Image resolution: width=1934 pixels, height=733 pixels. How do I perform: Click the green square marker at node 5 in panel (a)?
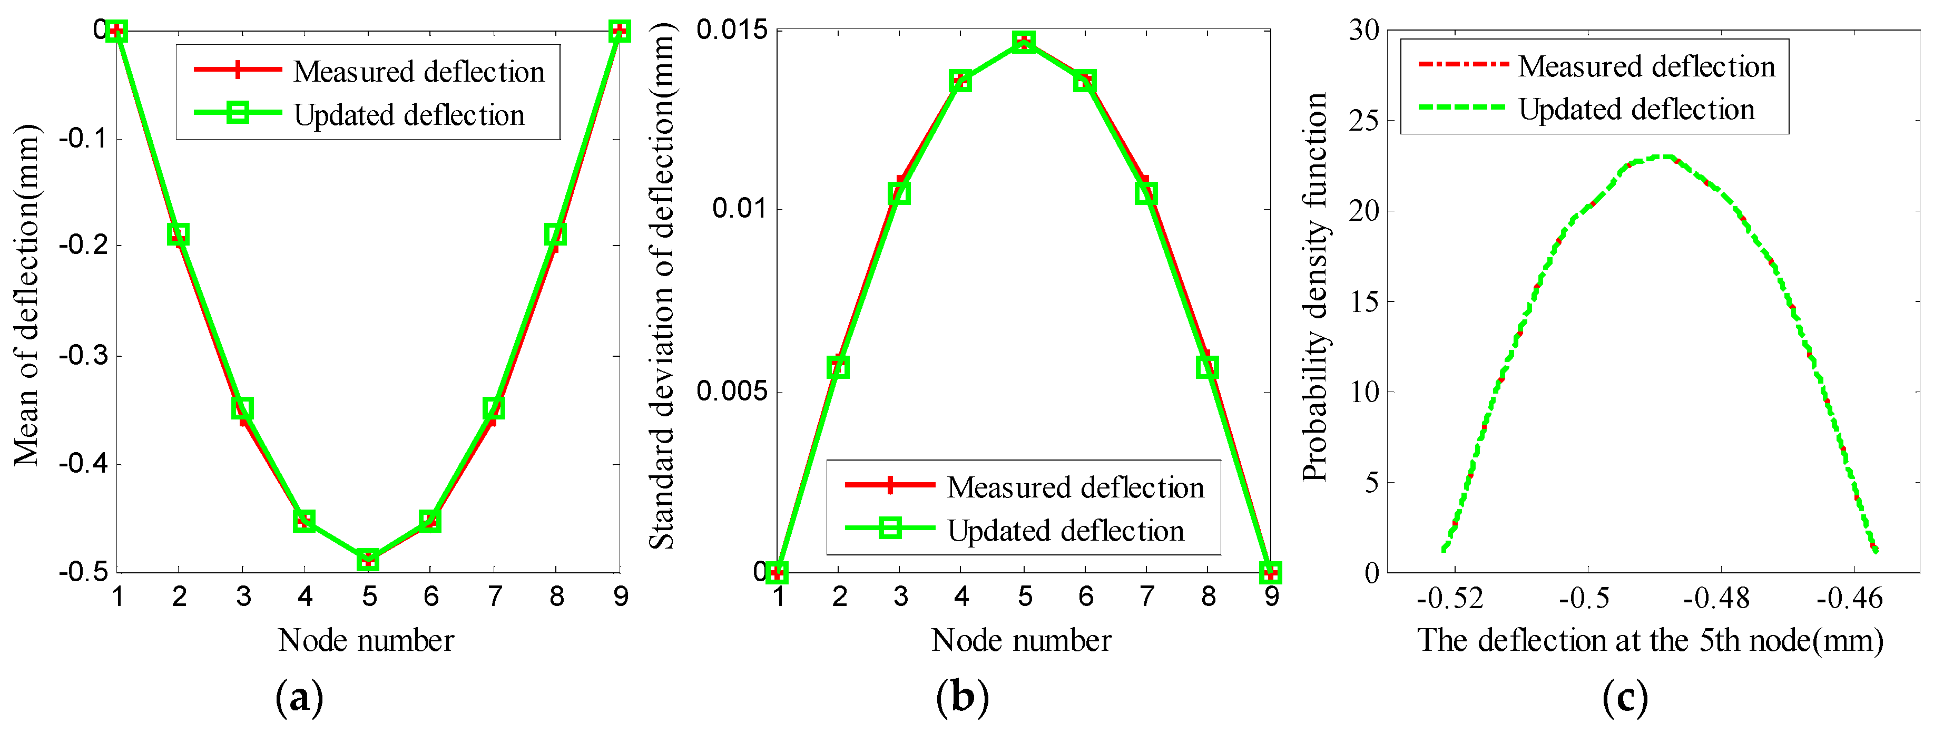point(368,560)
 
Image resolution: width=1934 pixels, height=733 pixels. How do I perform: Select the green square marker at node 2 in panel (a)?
point(178,234)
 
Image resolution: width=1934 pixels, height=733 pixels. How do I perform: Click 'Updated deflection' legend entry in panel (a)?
point(409,115)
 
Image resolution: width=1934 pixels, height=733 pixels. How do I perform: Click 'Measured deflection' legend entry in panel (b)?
point(1075,487)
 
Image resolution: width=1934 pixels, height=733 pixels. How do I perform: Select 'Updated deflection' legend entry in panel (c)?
point(1637,110)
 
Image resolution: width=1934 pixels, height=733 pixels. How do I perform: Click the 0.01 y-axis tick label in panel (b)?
point(739,208)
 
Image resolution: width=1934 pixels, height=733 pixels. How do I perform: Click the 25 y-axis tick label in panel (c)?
point(1364,120)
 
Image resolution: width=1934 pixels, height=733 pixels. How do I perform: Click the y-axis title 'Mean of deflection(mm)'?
point(26,295)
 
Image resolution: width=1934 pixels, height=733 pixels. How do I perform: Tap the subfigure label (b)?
point(962,698)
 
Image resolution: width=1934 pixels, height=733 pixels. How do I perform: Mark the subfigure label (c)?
point(1625,698)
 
